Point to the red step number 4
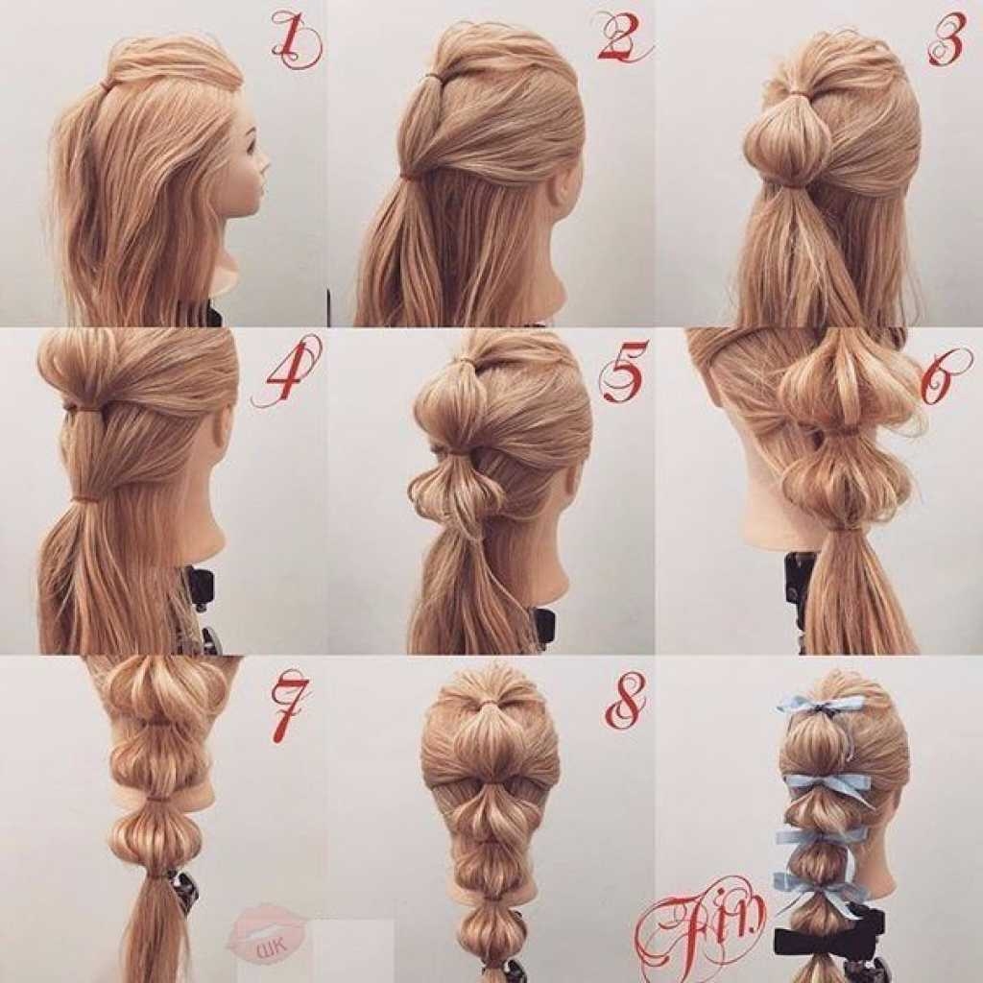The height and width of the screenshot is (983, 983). (x=285, y=372)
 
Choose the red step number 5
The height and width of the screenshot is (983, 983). (x=621, y=372)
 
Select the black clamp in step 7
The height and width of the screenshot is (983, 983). (x=185, y=885)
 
